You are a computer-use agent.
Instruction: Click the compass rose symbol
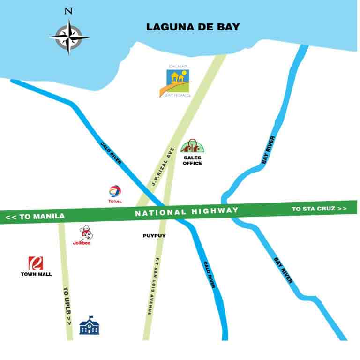[x=69, y=36]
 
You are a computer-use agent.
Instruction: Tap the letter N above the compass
[x=69, y=11]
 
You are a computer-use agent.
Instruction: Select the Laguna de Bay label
[x=193, y=27]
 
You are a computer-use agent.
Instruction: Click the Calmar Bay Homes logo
[x=179, y=81]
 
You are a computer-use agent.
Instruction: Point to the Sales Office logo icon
[x=192, y=147]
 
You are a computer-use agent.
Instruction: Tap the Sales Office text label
[x=192, y=161]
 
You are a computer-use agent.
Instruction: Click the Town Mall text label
[x=36, y=274]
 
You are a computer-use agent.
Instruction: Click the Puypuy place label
[x=154, y=236]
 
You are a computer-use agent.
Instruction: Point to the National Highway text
[x=187, y=212]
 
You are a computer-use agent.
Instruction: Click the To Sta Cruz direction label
[x=319, y=209]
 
